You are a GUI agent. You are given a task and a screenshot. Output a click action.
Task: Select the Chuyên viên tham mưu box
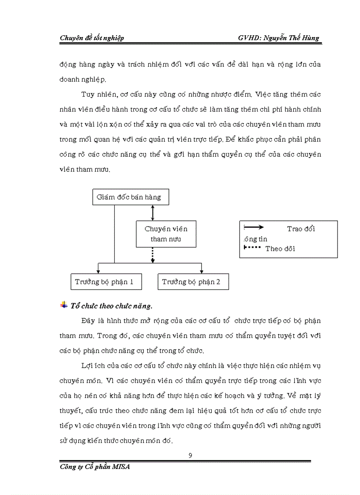tap(165, 234)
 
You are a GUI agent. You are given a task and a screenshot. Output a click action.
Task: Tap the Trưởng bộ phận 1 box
tap(106, 282)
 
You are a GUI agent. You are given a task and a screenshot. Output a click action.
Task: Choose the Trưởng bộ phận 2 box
tap(193, 282)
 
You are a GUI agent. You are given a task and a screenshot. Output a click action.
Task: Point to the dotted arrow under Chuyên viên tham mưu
tap(153, 255)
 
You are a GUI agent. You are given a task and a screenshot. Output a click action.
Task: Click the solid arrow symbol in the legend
tap(254, 227)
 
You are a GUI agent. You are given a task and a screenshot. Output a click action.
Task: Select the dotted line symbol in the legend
tap(253, 247)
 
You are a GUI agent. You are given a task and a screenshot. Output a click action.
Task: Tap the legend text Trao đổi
tap(301, 229)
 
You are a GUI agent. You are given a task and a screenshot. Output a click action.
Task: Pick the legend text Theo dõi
tap(280, 249)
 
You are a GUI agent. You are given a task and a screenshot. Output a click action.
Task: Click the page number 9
tap(190, 455)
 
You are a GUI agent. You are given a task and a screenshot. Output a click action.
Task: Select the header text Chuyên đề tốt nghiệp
tap(92, 38)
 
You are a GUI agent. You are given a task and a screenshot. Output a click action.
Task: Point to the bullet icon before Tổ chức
tap(64, 305)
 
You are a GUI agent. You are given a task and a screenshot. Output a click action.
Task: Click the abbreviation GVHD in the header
tap(249, 38)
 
